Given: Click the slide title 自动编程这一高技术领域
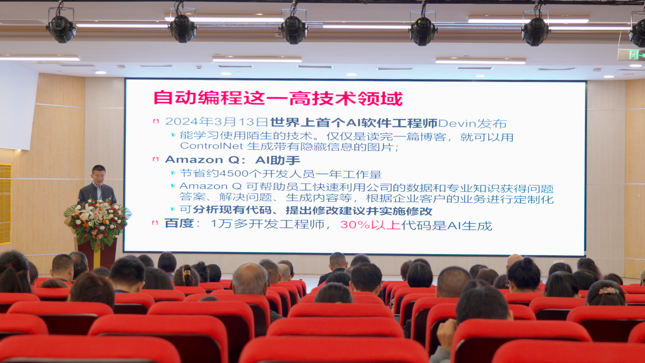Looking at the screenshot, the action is point(278,98).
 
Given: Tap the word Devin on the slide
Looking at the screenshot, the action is point(457,124).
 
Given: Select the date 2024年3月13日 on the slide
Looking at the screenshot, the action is point(217,122).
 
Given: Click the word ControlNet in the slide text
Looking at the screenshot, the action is point(211,146).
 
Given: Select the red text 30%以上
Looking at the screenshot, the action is point(370,225).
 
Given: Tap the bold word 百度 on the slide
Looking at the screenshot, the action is point(179,224).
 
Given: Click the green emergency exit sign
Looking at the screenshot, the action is point(632,54).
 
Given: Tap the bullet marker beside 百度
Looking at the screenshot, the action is point(155,222).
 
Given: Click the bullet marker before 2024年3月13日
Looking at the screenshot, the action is point(156,121).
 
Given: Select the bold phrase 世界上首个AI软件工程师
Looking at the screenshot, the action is point(354,123).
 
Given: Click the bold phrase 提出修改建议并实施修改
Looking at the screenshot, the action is point(359,211).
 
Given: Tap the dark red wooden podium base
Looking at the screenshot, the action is point(97,254).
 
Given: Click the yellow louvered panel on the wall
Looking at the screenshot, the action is point(6,204).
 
